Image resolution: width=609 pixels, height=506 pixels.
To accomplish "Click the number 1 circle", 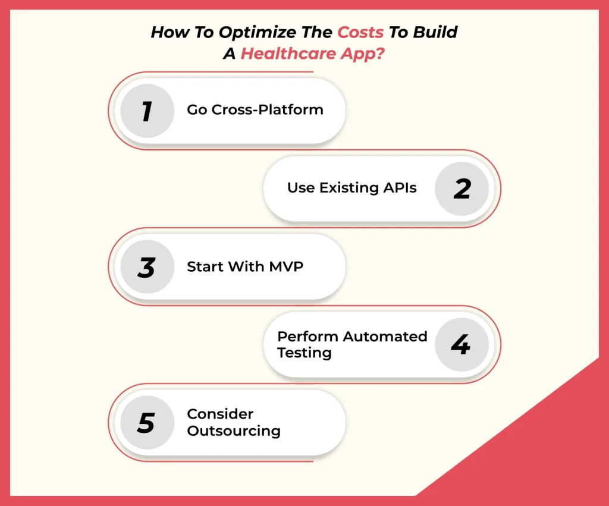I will [147, 111].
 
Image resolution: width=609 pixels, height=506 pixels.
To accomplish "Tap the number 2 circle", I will [462, 188].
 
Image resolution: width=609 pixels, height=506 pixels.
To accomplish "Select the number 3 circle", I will [147, 267].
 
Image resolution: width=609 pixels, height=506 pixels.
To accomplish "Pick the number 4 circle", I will [462, 344].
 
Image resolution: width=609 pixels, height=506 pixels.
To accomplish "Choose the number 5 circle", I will [147, 423].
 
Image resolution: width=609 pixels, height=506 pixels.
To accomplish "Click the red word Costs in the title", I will [360, 32].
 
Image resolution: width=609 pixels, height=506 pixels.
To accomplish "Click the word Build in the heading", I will [436, 32].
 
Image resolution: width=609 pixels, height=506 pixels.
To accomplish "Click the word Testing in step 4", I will [304, 353].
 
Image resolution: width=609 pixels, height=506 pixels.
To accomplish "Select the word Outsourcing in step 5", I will [234, 431].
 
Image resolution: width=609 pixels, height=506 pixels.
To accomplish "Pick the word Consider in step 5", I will [212, 414].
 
